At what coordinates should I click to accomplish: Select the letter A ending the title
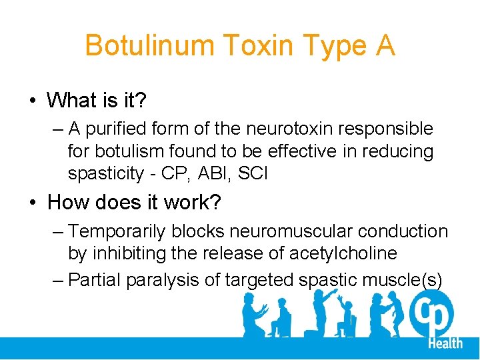[384, 46]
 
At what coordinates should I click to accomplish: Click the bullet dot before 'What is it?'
[32, 101]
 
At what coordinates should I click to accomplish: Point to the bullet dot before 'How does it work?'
[32, 202]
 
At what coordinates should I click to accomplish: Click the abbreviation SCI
[253, 174]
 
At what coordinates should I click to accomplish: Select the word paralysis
[167, 280]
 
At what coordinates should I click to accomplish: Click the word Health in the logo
[445, 343]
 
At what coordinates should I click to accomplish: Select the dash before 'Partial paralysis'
[58, 280]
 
